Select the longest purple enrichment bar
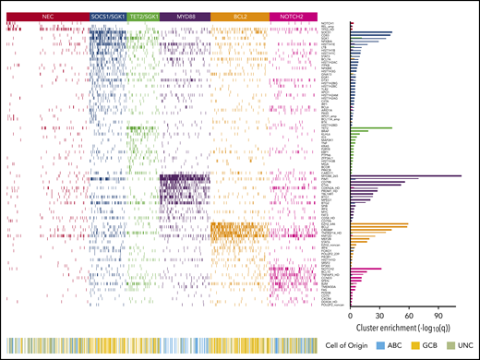(x=406, y=175)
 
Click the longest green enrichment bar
(x=373, y=128)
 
